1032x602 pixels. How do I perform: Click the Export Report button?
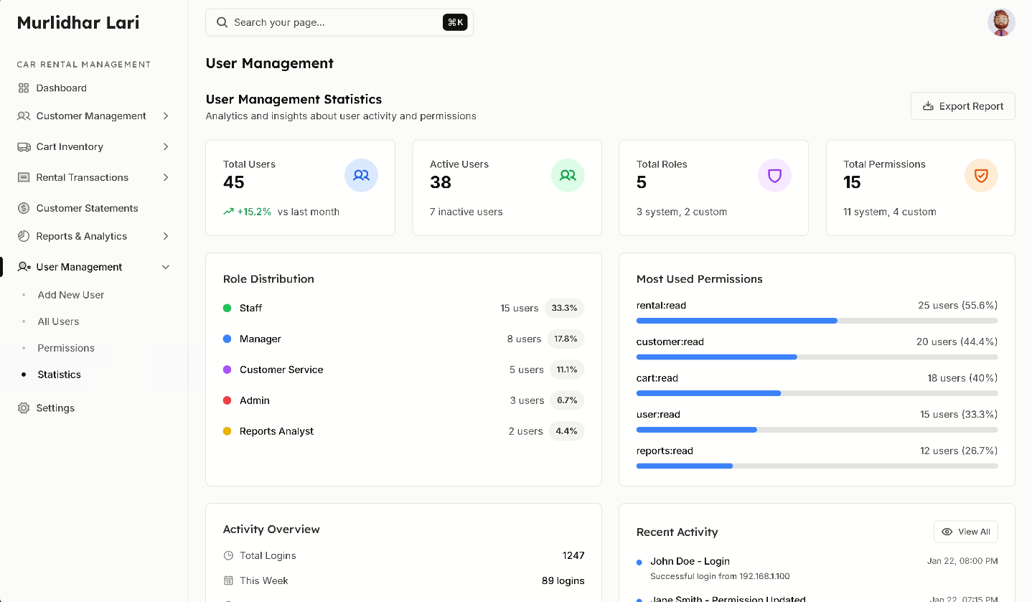962,106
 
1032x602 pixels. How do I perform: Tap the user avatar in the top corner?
1001,22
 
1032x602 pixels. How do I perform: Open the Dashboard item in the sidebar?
61,88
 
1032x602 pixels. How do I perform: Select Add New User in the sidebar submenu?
70,295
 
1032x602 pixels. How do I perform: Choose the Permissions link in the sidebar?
66,348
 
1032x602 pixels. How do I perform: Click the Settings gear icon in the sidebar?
24,408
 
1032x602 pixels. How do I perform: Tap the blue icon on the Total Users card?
361,175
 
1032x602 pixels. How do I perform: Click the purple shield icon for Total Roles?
774,175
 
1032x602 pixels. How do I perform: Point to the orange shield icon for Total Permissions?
981,175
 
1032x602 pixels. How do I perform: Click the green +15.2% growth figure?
254,212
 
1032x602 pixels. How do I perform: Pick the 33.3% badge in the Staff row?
564,308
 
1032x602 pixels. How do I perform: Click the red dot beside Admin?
227,400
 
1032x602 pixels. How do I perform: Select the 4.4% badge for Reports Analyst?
566,431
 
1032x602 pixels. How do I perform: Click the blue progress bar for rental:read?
736,321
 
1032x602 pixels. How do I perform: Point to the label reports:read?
665,451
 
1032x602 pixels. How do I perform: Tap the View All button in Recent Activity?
965,532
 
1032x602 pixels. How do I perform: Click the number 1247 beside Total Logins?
573,555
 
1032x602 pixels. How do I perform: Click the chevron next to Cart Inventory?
166,146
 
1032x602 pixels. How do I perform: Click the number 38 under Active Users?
441,182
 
